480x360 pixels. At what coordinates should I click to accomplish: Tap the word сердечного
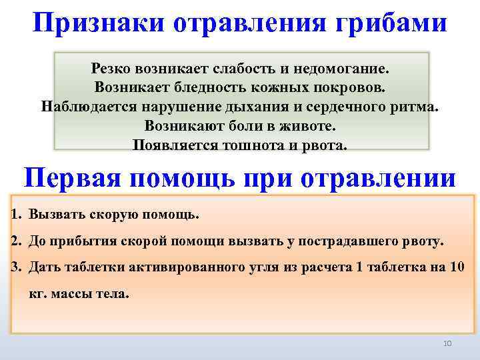click(351, 107)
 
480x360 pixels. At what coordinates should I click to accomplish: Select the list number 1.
click(16, 215)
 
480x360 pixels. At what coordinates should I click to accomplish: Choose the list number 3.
click(16, 266)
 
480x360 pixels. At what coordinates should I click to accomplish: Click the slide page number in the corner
click(447, 343)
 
